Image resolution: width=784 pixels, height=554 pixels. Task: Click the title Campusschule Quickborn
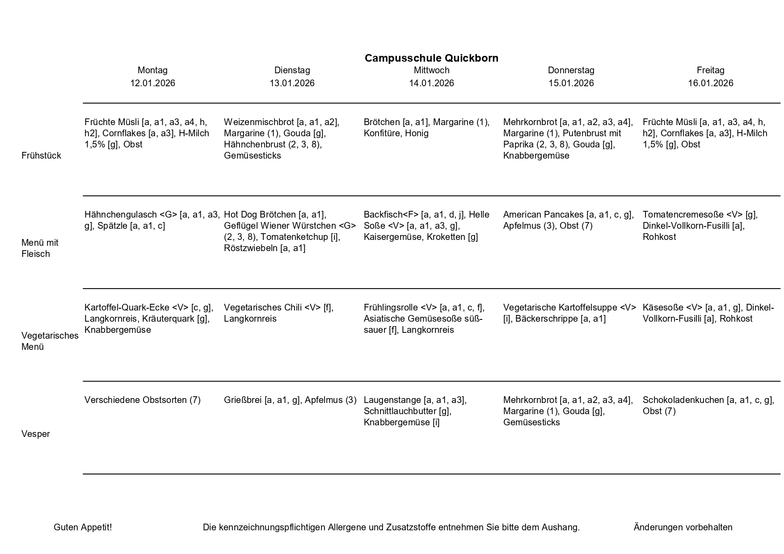point(431,58)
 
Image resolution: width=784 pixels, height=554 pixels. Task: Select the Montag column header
point(152,70)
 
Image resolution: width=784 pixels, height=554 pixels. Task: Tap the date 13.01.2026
point(292,83)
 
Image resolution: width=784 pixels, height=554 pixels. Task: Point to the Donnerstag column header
point(571,70)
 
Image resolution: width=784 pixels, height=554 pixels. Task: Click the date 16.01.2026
point(710,83)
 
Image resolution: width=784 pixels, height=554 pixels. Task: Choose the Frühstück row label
point(41,155)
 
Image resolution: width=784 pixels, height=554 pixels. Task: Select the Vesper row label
point(35,434)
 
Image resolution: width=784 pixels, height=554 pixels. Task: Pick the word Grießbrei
point(243,400)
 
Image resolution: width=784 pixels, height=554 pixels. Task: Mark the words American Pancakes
point(543,214)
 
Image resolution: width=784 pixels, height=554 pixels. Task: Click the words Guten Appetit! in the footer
point(83,527)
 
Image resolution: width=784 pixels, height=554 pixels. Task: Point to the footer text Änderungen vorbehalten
point(683,527)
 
